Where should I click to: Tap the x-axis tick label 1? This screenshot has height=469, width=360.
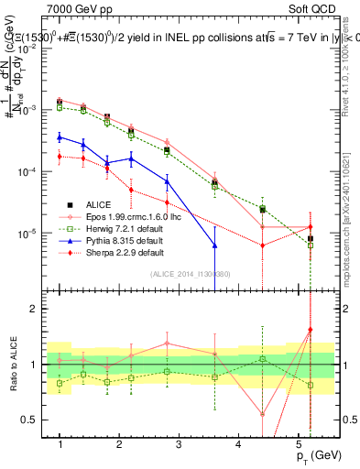tap(60, 444)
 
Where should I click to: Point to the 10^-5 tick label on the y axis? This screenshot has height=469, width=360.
tap(33, 233)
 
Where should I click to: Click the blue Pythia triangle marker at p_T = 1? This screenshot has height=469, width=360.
tap(60, 137)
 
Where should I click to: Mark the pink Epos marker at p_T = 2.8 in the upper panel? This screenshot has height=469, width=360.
tap(167, 143)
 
